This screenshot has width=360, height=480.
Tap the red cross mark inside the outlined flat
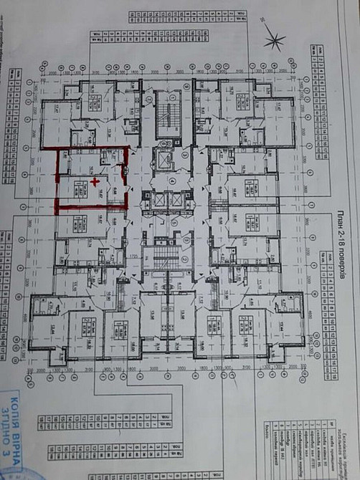[95, 181]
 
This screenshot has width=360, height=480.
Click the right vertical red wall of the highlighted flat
[127, 178]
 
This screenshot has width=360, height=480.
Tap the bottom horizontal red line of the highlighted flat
[92, 208]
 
